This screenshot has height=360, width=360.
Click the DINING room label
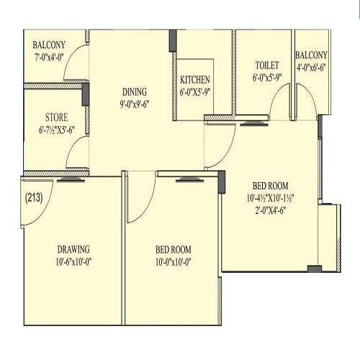[x=135, y=91]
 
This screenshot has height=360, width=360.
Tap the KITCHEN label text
[x=195, y=79]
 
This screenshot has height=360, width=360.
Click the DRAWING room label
[x=74, y=250]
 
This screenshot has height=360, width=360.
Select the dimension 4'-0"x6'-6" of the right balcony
[x=311, y=68]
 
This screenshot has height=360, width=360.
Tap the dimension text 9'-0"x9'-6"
[x=135, y=104]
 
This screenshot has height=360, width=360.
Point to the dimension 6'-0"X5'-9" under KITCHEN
[x=195, y=91]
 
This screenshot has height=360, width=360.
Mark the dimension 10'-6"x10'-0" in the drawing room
[x=74, y=262]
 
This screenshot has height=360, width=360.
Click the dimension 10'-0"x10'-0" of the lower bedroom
[x=174, y=262]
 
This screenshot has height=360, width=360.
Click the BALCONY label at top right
[x=311, y=55]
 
